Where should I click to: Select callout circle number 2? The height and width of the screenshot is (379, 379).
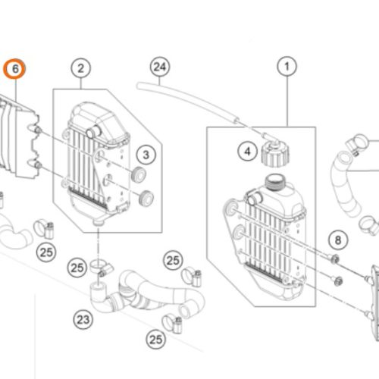point(80,69)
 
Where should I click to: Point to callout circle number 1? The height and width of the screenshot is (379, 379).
point(287,69)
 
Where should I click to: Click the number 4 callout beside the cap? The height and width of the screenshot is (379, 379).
point(246,152)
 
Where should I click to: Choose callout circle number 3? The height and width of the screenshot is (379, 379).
point(146,155)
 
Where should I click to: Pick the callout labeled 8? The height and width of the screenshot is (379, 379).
point(338,241)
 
